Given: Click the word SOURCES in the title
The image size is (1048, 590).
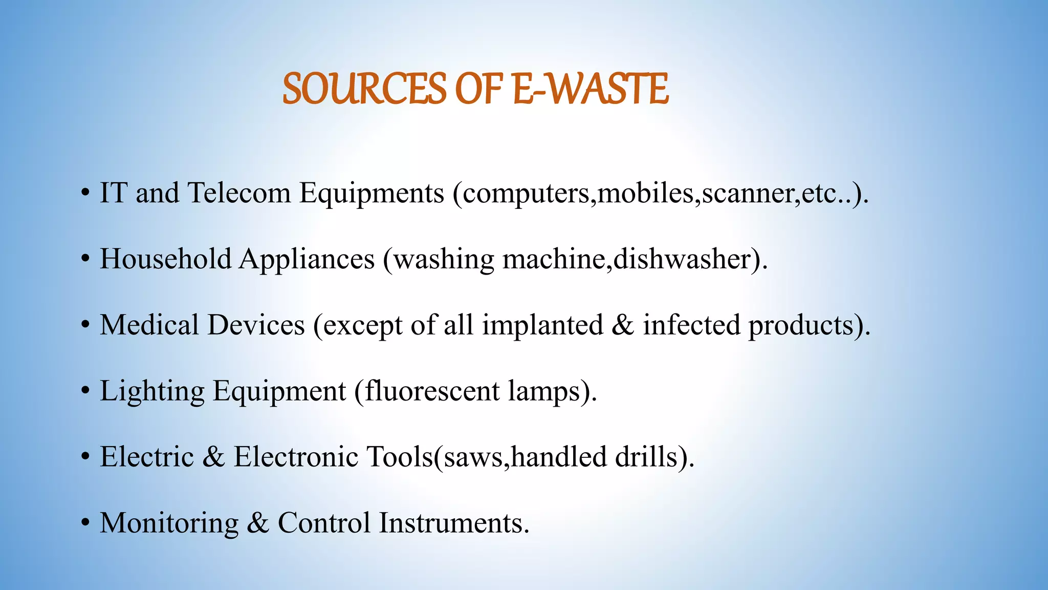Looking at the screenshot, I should click(365, 89).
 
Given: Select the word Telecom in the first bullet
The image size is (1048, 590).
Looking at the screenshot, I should click(239, 193).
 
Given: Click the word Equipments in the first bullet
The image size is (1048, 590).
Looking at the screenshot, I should click(372, 194).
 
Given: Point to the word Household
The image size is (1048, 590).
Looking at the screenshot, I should click(165, 259).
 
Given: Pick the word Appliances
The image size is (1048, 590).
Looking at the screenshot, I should click(307, 260).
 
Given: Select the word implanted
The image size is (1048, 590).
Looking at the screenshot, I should click(542, 326).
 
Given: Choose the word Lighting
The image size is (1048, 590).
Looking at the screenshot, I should click(152, 392).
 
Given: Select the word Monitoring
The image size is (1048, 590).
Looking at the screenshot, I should click(169, 523).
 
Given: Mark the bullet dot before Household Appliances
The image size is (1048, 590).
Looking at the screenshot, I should click(85, 260).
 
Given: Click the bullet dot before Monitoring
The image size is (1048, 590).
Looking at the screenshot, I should click(85, 524).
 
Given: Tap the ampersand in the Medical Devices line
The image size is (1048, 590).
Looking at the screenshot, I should click(623, 325).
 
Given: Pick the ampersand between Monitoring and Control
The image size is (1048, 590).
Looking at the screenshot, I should click(258, 523).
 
